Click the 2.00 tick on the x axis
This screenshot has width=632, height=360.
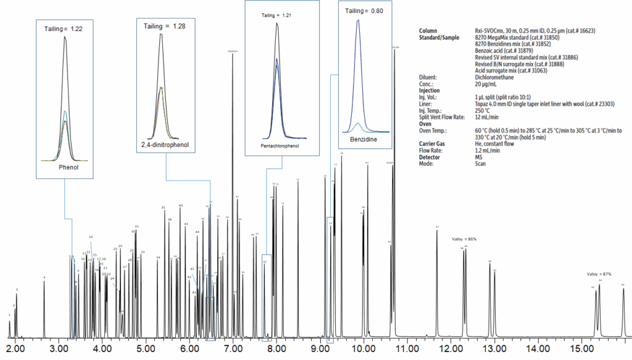click(15, 349)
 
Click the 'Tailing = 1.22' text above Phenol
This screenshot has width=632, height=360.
click(63, 29)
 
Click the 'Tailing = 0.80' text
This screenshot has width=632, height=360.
click(364, 10)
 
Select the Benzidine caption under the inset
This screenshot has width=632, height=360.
click(362, 140)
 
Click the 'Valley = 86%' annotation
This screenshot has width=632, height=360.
click(464, 238)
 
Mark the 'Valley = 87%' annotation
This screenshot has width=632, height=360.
click(599, 274)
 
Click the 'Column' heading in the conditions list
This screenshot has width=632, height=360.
click(428, 30)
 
